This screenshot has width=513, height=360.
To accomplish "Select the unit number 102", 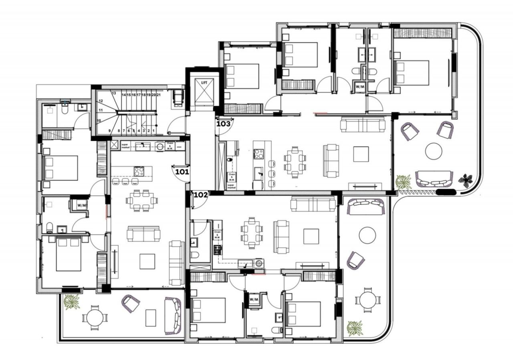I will click(200, 195).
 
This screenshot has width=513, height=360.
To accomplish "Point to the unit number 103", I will click(223, 124).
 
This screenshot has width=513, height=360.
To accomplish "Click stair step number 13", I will click(114, 93).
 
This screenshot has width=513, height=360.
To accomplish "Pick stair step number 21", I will click(159, 95).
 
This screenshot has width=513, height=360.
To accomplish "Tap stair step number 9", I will click(109, 131).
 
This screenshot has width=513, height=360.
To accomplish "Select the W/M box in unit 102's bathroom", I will click(254, 299).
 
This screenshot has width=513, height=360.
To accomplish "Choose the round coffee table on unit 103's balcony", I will click(434, 151).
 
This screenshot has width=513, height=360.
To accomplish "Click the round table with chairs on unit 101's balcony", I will click(95, 317).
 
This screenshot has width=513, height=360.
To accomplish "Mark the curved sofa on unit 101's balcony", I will click(174, 316).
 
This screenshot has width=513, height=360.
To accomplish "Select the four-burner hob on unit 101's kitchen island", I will click(139, 172).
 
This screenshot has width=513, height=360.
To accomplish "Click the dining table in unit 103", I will click(295, 162).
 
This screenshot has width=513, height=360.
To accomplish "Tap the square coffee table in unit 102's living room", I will click(311, 236).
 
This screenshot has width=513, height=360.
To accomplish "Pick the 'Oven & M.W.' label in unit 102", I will click(218, 235).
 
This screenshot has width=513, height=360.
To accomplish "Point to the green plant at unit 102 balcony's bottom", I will click(355, 328).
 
